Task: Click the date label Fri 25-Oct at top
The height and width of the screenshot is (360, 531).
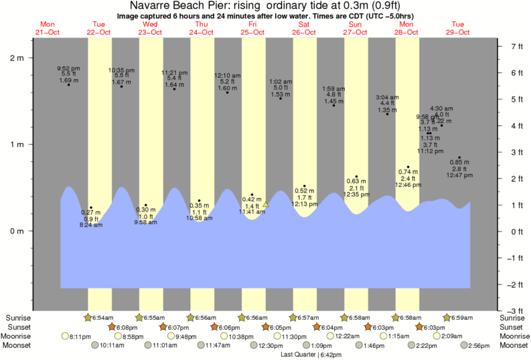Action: tap(253, 27)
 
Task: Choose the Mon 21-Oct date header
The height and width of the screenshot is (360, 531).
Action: tap(48, 27)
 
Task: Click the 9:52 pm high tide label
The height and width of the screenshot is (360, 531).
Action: tap(68, 68)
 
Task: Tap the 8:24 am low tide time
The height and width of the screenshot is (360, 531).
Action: tap(91, 225)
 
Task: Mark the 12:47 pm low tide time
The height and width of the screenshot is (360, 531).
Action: tap(459, 175)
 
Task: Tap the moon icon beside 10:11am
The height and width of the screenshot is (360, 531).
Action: tap(94, 345)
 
